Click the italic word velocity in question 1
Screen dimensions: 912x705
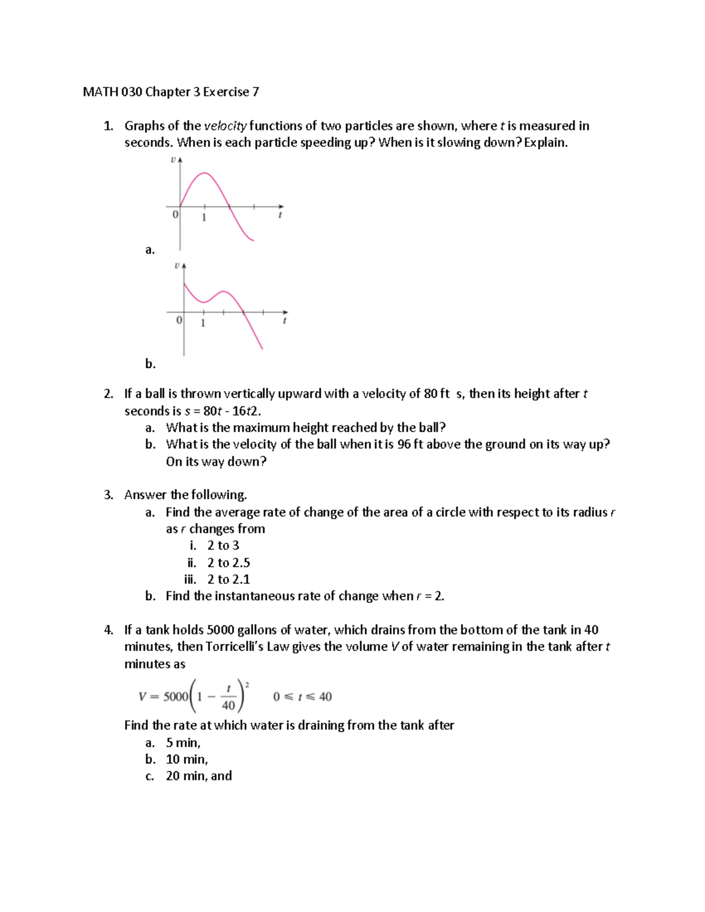pyautogui.click(x=226, y=126)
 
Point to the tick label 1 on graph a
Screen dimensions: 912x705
pyautogui.click(x=204, y=218)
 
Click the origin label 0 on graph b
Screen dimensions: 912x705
pyautogui.click(x=179, y=321)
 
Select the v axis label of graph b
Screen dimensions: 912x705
pyautogui.click(x=176, y=266)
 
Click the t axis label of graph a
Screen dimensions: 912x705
pyautogui.click(x=280, y=216)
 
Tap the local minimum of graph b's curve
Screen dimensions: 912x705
pyautogui.click(x=204, y=302)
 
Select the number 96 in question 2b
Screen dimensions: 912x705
pyautogui.click(x=404, y=444)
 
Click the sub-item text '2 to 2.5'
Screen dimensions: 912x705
pyautogui.click(x=229, y=563)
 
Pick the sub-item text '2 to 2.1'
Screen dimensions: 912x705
pyautogui.click(x=229, y=580)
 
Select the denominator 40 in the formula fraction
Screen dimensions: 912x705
pyautogui.click(x=229, y=705)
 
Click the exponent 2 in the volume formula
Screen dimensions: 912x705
pyautogui.click(x=247, y=684)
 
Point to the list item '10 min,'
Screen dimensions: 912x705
pyautogui.click(x=187, y=759)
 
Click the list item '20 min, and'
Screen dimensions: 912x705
pyautogui.click(x=199, y=776)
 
